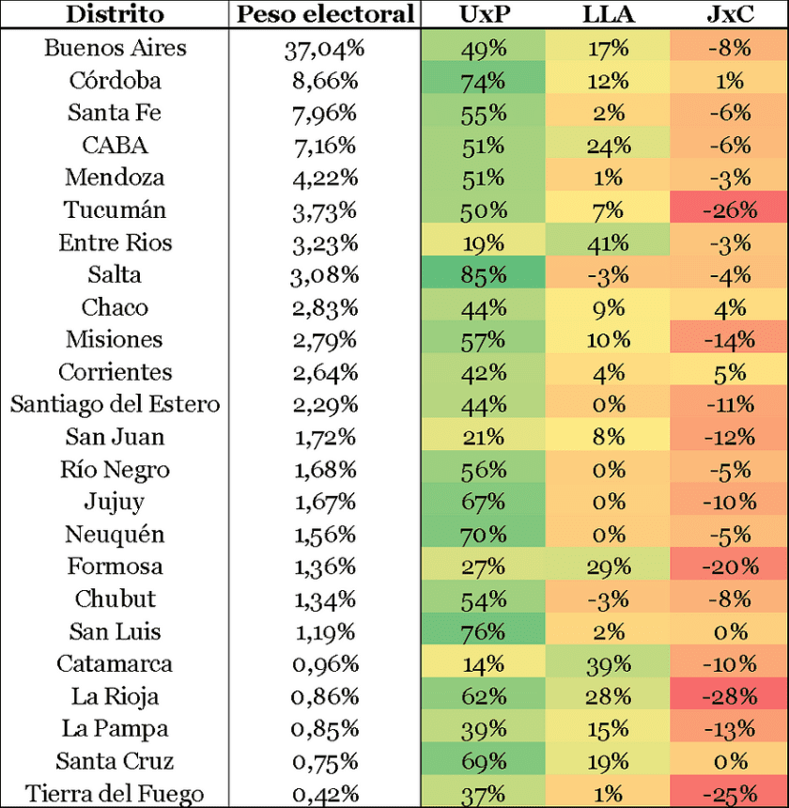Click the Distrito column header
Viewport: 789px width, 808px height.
tap(116, 14)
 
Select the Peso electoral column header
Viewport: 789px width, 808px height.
tap(324, 14)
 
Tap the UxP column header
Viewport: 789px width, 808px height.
tap(483, 14)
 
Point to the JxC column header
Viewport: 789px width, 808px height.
tap(730, 14)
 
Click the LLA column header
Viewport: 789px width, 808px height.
tap(608, 14)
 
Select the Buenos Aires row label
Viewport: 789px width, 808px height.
tap(116, 48)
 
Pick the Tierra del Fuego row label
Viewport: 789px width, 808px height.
tap(116, 793)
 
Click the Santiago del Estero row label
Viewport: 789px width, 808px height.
tap(116, 404)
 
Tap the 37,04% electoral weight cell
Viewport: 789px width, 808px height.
tap(324, 48)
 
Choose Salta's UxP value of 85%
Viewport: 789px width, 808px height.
tap(483, 274)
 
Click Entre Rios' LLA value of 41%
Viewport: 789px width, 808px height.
tap(608, 242)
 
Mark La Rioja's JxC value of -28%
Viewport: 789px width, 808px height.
tap(730, 696)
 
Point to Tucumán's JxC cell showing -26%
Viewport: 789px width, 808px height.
tap(730, 210)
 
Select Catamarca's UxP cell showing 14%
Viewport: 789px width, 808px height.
tap(483, 663)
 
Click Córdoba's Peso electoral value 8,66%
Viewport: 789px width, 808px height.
tap(324, 80)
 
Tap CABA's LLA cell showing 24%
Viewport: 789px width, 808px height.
tap(608, 145)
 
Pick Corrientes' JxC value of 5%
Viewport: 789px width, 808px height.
tap(730, 372)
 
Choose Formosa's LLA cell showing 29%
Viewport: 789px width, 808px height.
tap(608, 567)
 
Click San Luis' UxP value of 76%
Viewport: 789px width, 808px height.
tap(483, 631)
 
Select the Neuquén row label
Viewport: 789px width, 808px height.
tap(116, 534)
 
